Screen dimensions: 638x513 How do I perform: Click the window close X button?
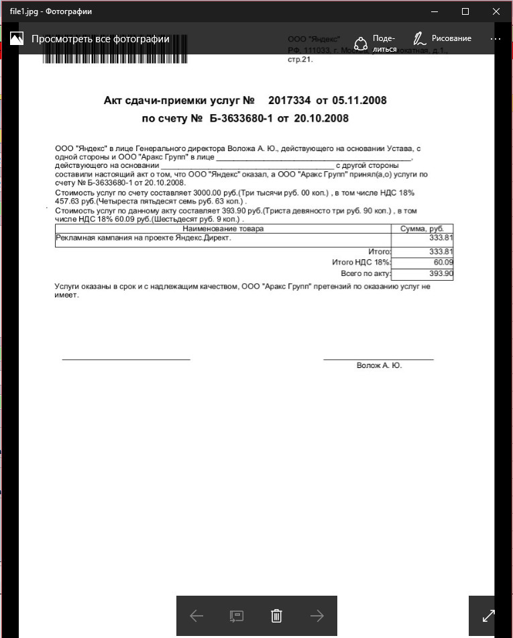point(496,11)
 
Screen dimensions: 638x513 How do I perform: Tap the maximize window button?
point(465,11)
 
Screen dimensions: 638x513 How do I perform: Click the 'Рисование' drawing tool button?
point(443,39)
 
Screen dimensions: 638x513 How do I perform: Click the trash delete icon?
point(276,615)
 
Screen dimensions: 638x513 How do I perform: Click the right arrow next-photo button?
point(317,615)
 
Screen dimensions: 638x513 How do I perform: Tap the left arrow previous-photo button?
point(196,615)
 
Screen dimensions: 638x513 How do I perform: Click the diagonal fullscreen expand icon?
point(489,615)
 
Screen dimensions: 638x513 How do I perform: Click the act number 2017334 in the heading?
point(289,101)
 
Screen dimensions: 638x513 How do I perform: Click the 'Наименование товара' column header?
point(223,229)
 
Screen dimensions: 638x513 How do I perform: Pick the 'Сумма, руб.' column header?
point(422,229)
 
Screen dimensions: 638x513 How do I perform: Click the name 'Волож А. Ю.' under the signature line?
point(379,366)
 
